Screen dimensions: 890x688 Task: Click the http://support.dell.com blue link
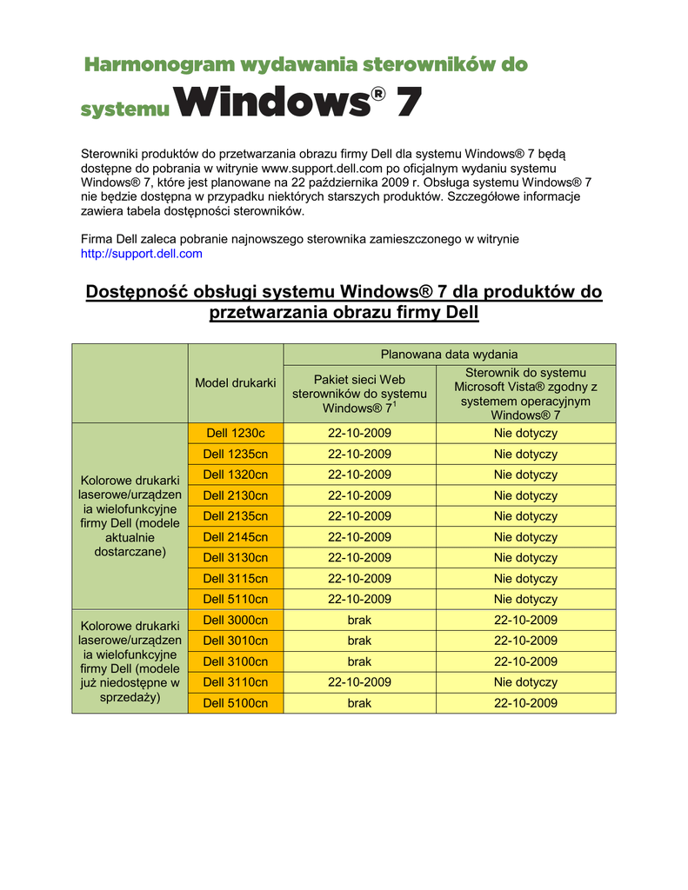click(x=141, y=254)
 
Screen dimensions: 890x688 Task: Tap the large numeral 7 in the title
click(x=408, y=104)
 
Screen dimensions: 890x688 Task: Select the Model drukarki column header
click(x=235, y=383)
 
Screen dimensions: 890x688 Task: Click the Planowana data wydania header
click(x=449, y=354)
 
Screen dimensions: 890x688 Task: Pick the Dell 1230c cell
click(x=235, y=433)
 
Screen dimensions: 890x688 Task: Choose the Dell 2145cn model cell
click(x=235, y=537)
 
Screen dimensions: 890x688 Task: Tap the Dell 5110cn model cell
click(x=235, y=599)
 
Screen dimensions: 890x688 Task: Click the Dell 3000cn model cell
click(x=235, y=620)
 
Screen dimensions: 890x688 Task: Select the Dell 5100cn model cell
click(x=235, y=703)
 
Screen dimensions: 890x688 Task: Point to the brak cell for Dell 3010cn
click(x=359, y=641)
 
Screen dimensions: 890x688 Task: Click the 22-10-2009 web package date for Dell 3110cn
click(x=359, y=682)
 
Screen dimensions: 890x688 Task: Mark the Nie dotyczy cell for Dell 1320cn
click(x=525, y=475)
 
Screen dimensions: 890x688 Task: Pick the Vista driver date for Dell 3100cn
click(x=525, y=661)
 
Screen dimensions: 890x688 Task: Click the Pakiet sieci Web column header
click(x=359, y=393)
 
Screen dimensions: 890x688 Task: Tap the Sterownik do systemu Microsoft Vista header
click(x=525, y=394)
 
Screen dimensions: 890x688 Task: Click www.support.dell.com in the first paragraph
click(x=323, y=168)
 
